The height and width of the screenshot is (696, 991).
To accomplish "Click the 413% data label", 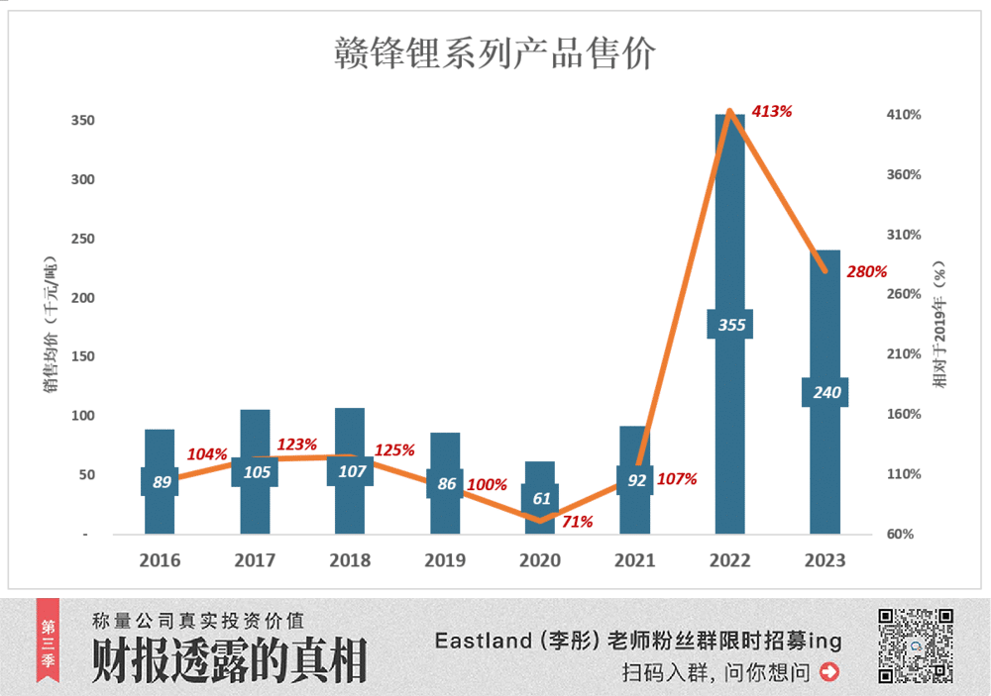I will [772, 112].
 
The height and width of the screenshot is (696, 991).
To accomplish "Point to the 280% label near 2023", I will [866, 271].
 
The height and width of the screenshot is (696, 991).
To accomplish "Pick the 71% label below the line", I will [577, 522].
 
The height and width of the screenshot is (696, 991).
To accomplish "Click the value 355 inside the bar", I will [730, 325].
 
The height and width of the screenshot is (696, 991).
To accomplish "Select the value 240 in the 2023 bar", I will [826, 392].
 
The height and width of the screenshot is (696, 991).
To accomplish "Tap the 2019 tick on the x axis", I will [445, 560].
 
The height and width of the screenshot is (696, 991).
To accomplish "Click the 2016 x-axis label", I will [160, 560].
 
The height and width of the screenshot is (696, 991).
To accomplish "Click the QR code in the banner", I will [916, 646].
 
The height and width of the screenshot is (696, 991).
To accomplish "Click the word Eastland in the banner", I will [483, 642].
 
